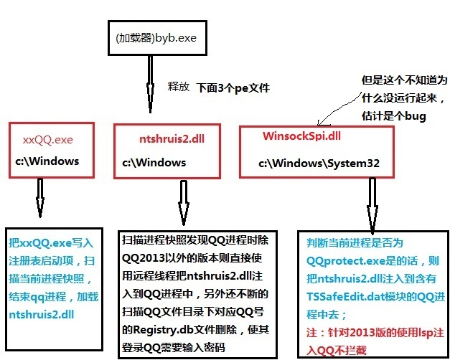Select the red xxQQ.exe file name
(x=48, y=138)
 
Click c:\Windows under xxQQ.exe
(x=47, y=161)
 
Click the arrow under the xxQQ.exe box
(x=40, y=197)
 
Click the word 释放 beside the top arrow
(x=178, y=85)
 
